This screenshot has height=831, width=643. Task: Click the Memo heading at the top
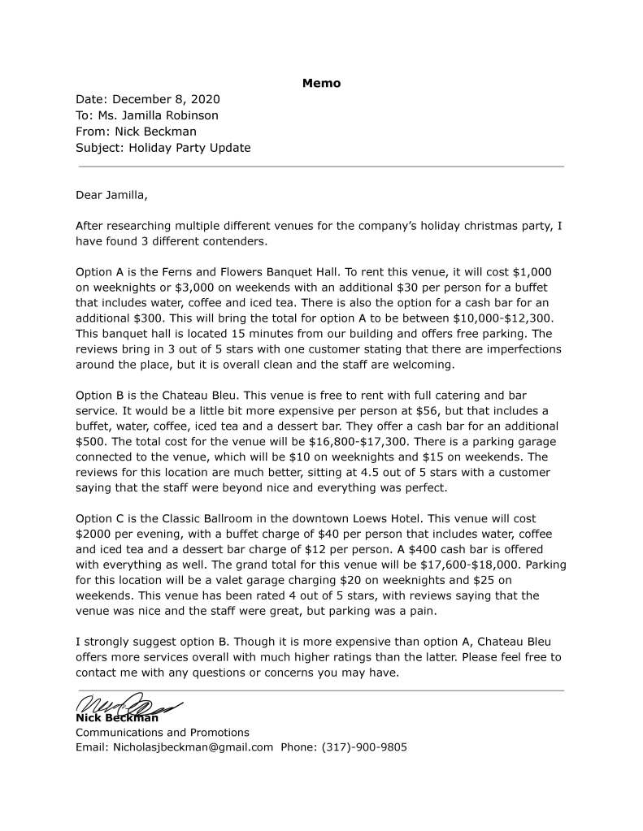click(x=321, y=83)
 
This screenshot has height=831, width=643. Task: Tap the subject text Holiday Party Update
click(x=189, y=148)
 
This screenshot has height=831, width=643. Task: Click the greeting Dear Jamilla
click(x=112, y=195)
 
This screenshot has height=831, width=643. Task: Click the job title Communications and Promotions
click(x=163, y=732)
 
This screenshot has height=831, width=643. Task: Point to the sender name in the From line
click(x=155, y=132)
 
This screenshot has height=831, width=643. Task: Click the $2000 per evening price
click(x=93, y=534)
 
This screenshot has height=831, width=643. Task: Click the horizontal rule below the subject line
click(x=319, y=167)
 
